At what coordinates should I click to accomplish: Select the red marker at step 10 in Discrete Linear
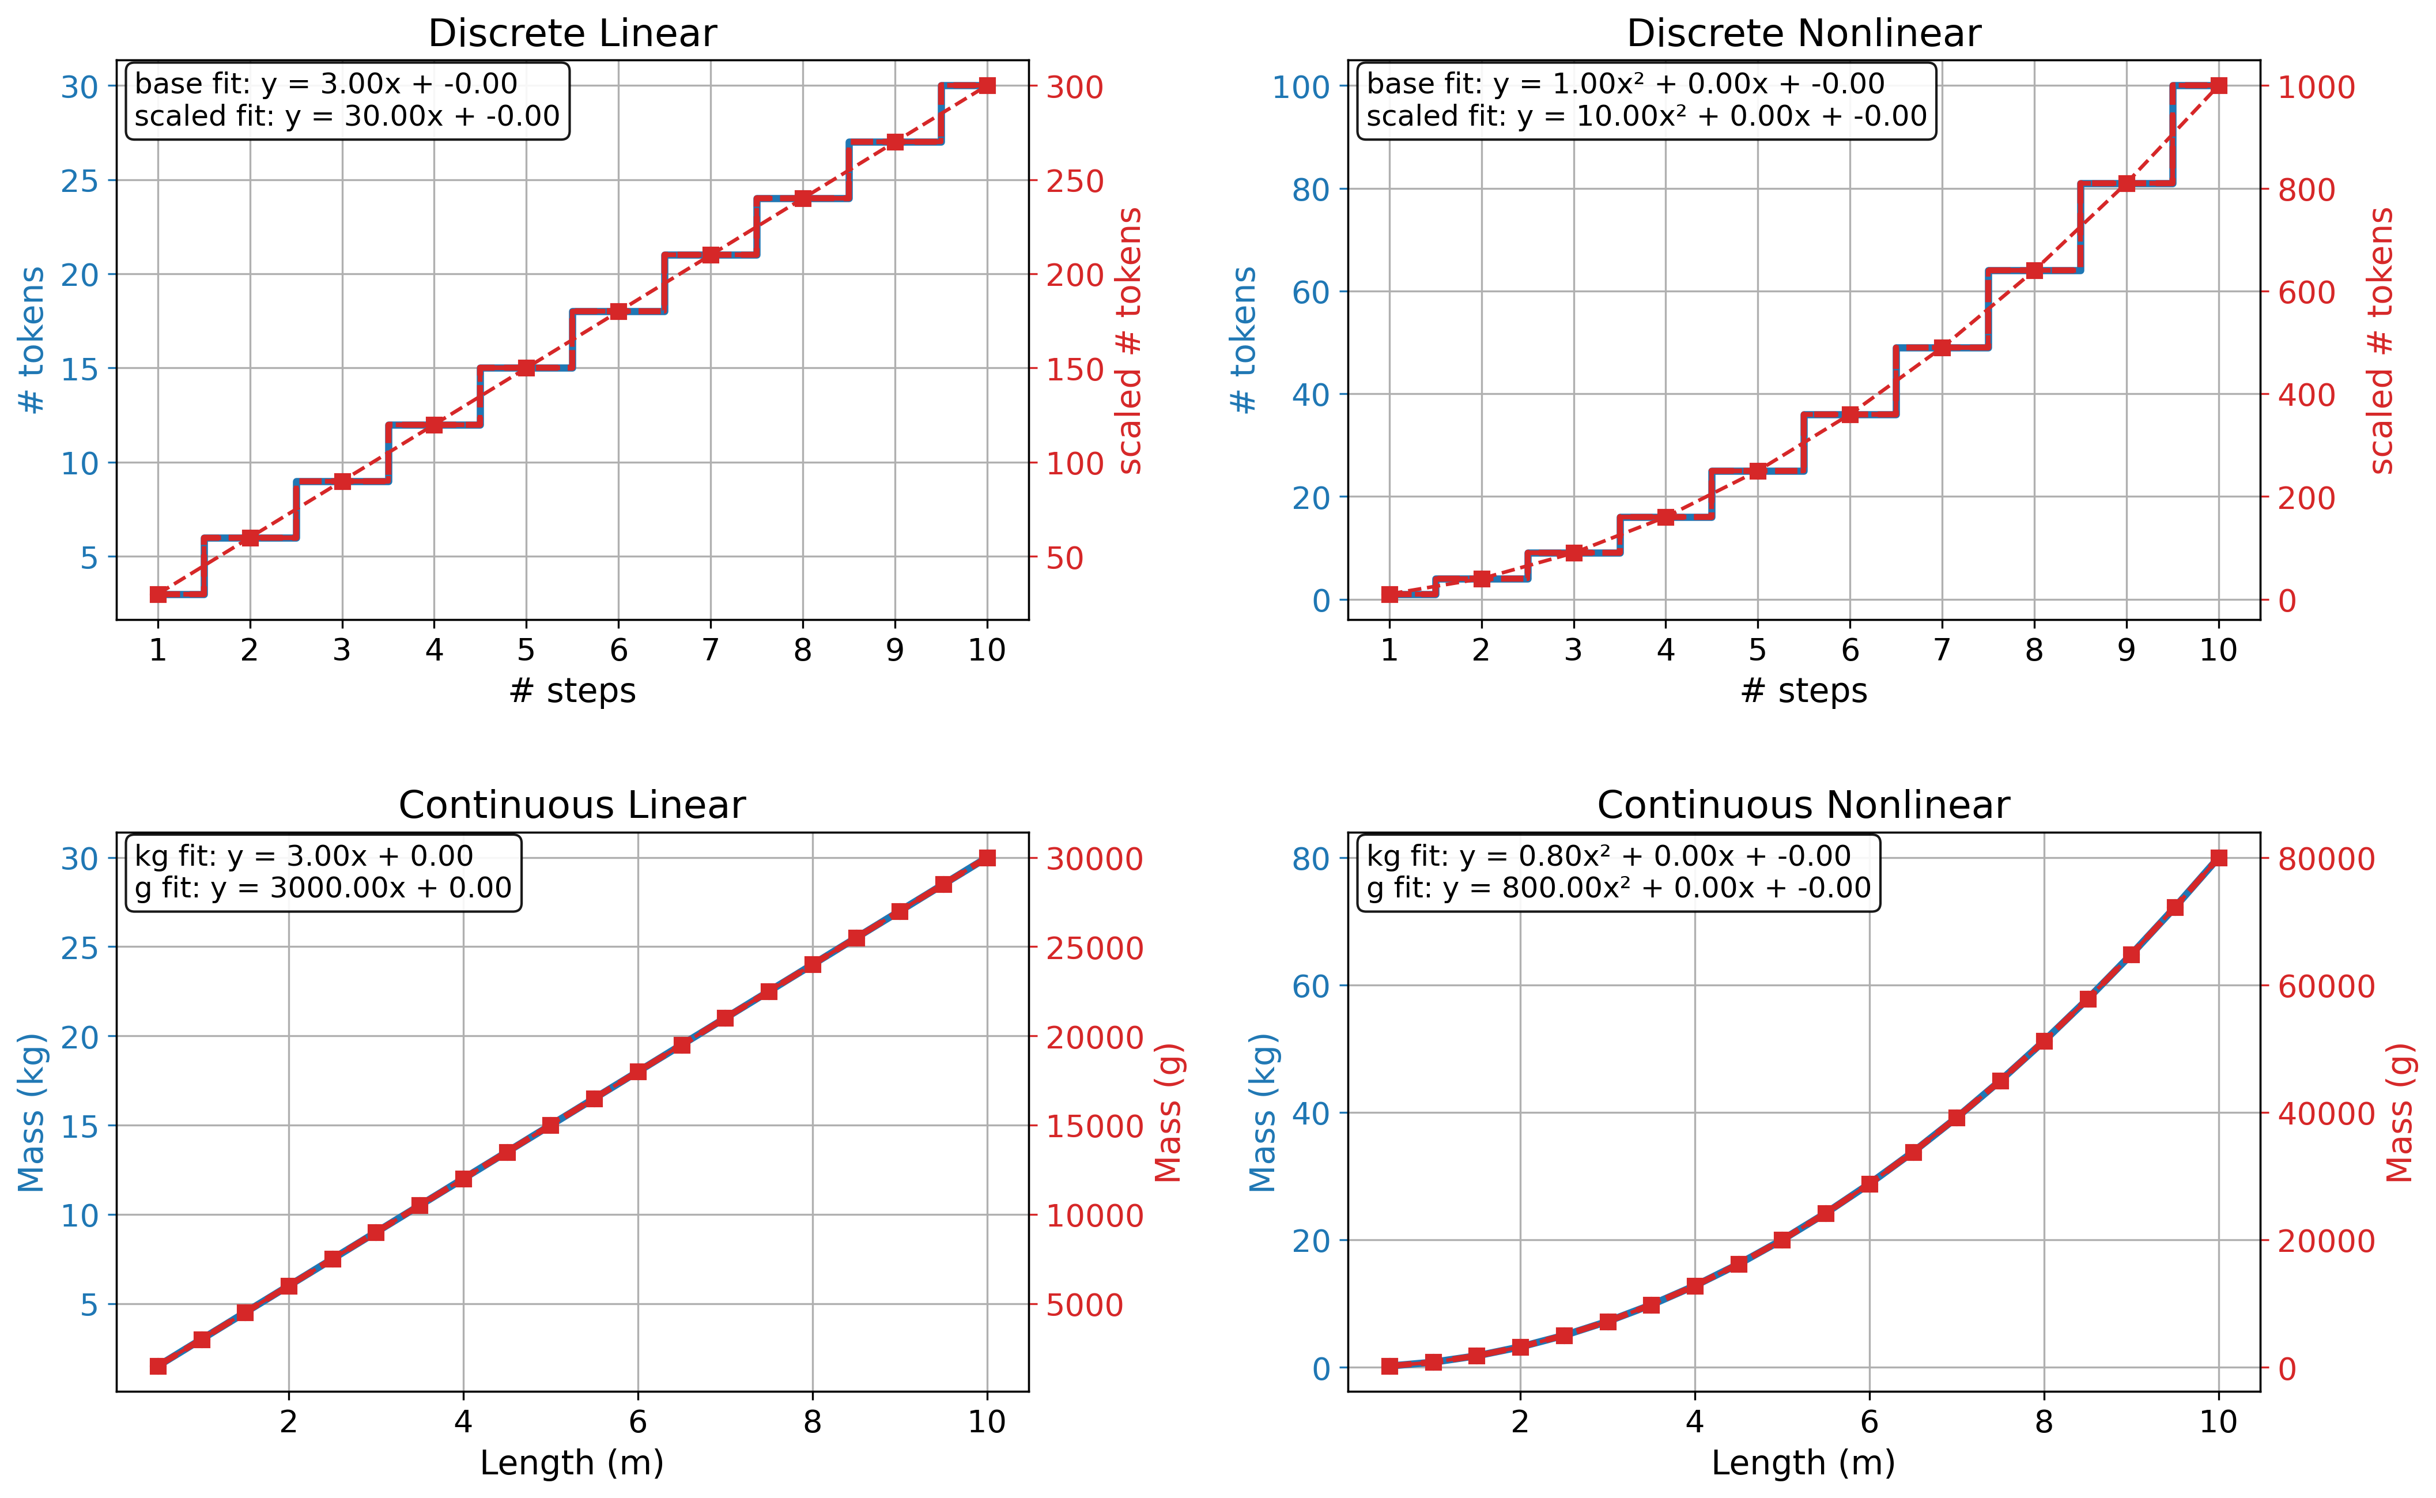pos(987,86)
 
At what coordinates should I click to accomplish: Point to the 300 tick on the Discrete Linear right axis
pos(1075,87)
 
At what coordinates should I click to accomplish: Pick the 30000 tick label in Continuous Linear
pos(1094,859)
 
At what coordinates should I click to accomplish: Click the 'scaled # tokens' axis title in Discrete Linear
pos(1130,341)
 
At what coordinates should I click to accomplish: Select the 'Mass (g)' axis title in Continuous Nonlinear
pos(2399,1112)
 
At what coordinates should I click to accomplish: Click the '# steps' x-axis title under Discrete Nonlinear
pos(1803,690)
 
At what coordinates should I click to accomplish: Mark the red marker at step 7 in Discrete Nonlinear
pos(1942,348)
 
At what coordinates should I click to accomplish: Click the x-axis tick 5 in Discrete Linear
pos(526,650)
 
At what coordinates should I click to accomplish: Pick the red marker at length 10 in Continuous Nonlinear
pos(2219,858)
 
